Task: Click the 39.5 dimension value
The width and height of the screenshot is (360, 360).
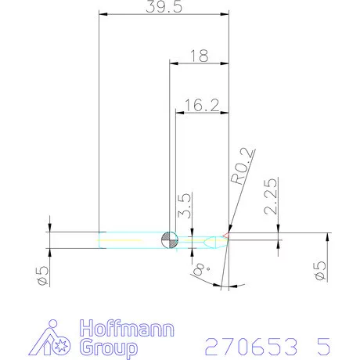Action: (164, 7)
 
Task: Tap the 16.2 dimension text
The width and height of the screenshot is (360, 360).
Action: (202, 105)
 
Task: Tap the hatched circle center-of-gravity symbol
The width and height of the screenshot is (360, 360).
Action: (170, 240)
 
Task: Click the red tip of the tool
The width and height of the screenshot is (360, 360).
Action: (226, 234)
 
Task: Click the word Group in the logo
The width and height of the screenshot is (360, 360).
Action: (109, 346)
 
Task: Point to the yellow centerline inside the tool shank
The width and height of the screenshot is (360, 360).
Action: (133, 240)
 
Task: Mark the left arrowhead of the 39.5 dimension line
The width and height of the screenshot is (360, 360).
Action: (102, 14)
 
